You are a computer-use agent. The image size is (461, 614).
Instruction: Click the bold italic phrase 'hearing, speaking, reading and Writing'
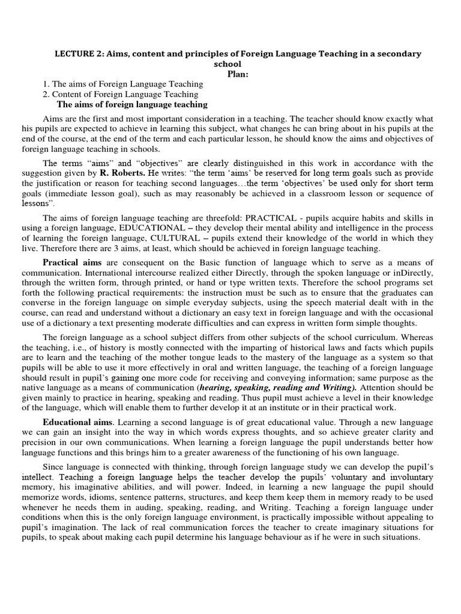coord(276,388)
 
